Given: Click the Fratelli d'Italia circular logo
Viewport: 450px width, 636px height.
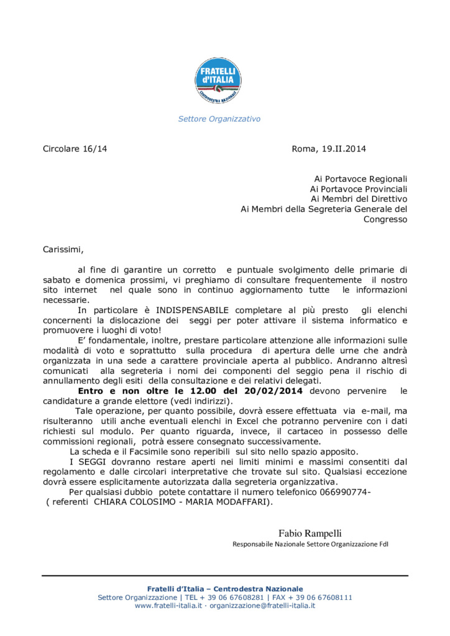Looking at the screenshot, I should click(x=218, y=81).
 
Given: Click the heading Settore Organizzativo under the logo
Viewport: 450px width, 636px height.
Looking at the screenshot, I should click(x=219, y=119).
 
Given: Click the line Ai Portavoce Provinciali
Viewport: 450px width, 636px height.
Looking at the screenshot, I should click(x=359, y=189).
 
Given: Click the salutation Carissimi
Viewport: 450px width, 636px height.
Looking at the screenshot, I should click(x=62, y=250).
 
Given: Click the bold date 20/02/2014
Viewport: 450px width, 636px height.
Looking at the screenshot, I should click(x=275, y=391).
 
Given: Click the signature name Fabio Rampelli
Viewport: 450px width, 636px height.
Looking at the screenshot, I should click(x=310, y=533).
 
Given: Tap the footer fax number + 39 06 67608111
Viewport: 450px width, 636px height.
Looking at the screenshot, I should click(x=322, y=597).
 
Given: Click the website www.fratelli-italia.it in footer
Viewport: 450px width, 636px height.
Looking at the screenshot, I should click(x=168, y=606).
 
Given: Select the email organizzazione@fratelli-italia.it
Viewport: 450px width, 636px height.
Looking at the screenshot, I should click(x=262, y=606).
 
